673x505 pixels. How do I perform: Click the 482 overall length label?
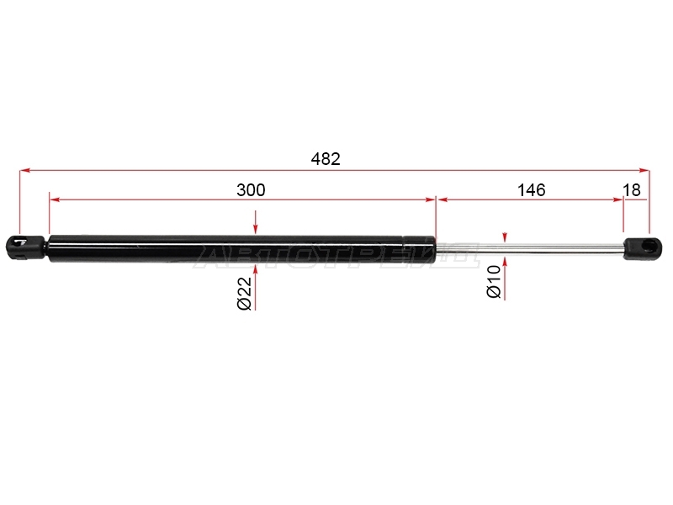[x=326, y=159]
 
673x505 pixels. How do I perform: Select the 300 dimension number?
[x=251, y=190]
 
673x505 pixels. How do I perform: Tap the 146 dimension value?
[x=532, y=190]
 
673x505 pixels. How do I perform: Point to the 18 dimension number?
[x=632, y=190]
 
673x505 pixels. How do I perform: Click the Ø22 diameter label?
[x=244, y=293]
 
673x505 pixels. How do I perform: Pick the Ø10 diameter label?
[x=494, y=282]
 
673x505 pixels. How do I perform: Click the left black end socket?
[x=25, y=247]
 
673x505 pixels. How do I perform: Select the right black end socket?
[x=643, y=249]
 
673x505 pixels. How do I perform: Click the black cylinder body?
[x=242, y=248]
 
